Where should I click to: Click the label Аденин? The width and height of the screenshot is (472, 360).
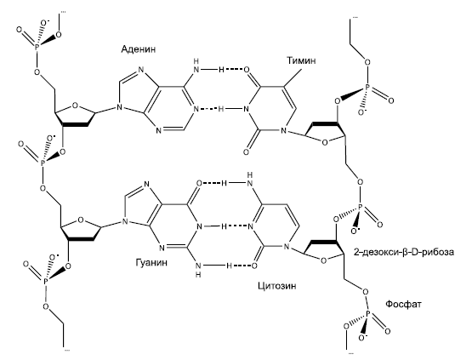tap(139, 49)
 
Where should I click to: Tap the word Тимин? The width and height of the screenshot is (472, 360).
tap(301, 60)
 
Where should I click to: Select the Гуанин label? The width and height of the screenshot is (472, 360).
tap(151, 262)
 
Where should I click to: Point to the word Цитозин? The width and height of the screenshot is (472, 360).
tap(277, 285)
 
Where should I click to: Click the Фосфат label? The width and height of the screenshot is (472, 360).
tap(403, 304)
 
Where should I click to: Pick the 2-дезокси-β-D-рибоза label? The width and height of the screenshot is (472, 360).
tap(404, 252)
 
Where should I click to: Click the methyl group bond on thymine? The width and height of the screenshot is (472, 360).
tap(292, 79)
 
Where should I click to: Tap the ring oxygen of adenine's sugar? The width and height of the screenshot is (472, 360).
tap(75, 106)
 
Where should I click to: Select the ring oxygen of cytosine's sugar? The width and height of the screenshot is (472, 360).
tap(324, 260)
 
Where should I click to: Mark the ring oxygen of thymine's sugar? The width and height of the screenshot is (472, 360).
tap(325, 142)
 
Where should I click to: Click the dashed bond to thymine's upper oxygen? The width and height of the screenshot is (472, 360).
tap(234, 70)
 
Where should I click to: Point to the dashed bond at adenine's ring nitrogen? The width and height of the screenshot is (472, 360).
tap(208, 109)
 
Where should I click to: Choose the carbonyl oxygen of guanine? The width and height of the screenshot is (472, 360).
tap(199, 183)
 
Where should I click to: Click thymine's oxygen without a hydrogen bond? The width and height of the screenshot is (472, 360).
tap(246, 152)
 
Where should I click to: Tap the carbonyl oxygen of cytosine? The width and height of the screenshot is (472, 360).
tap(254, 266)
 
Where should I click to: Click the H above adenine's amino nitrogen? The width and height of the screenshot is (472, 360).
tap(196, 62)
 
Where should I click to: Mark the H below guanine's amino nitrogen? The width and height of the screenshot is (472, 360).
tap(198, 274)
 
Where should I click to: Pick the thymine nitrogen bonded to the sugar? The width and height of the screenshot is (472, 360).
tap(282, 131)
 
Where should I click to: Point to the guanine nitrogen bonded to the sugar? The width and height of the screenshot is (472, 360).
tap(123, 223)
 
